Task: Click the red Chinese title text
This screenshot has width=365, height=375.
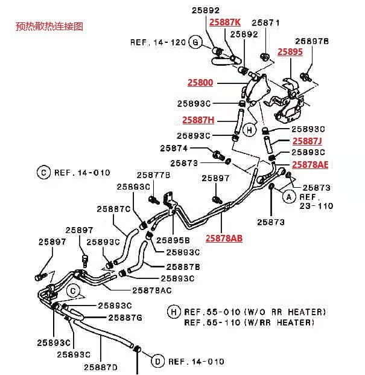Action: point(49,26)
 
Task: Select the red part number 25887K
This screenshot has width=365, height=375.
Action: point(225,22)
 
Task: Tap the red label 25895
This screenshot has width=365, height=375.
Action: point(290,52)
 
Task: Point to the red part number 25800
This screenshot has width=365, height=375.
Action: point(200,83)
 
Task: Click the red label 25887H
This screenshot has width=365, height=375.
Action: point(198,120)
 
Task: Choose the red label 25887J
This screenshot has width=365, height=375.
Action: point(307,141)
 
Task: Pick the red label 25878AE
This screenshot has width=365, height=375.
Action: point(310,164)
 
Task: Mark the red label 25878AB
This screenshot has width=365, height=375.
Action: point(224,238)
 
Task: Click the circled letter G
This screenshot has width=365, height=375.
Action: point(195,42)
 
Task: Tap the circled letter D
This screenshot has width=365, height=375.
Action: point(157,361)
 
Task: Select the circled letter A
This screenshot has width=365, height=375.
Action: point(289,197)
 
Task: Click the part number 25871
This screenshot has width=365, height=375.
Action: point(265,23)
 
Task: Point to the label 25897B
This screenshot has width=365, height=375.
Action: point(312,41)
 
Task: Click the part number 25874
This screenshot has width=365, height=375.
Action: point(174,149)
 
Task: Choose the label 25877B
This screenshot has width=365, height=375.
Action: point(153,175)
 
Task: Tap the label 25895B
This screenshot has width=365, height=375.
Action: point(173,240)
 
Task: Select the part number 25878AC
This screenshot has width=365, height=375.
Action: point(152,290)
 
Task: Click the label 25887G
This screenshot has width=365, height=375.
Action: point(125,318)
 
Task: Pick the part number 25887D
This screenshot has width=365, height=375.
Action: point(101,367)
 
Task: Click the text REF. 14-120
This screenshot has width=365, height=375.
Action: point(158,42)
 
